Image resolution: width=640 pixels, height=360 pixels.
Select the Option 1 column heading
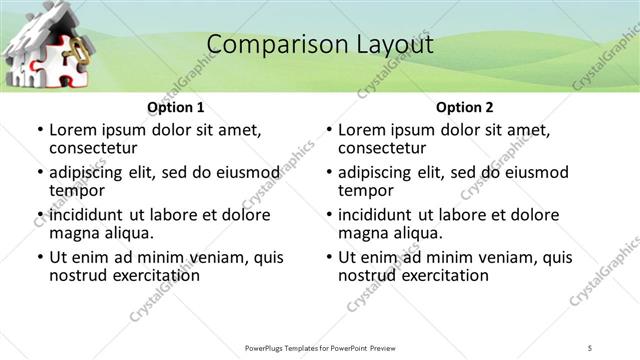176,107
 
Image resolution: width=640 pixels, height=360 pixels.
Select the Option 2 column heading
465,107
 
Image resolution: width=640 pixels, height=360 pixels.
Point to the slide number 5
590,347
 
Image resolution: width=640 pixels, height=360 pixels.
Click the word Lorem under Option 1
73,130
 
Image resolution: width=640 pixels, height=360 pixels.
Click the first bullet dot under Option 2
329,131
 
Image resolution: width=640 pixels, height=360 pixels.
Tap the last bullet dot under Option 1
40,258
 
